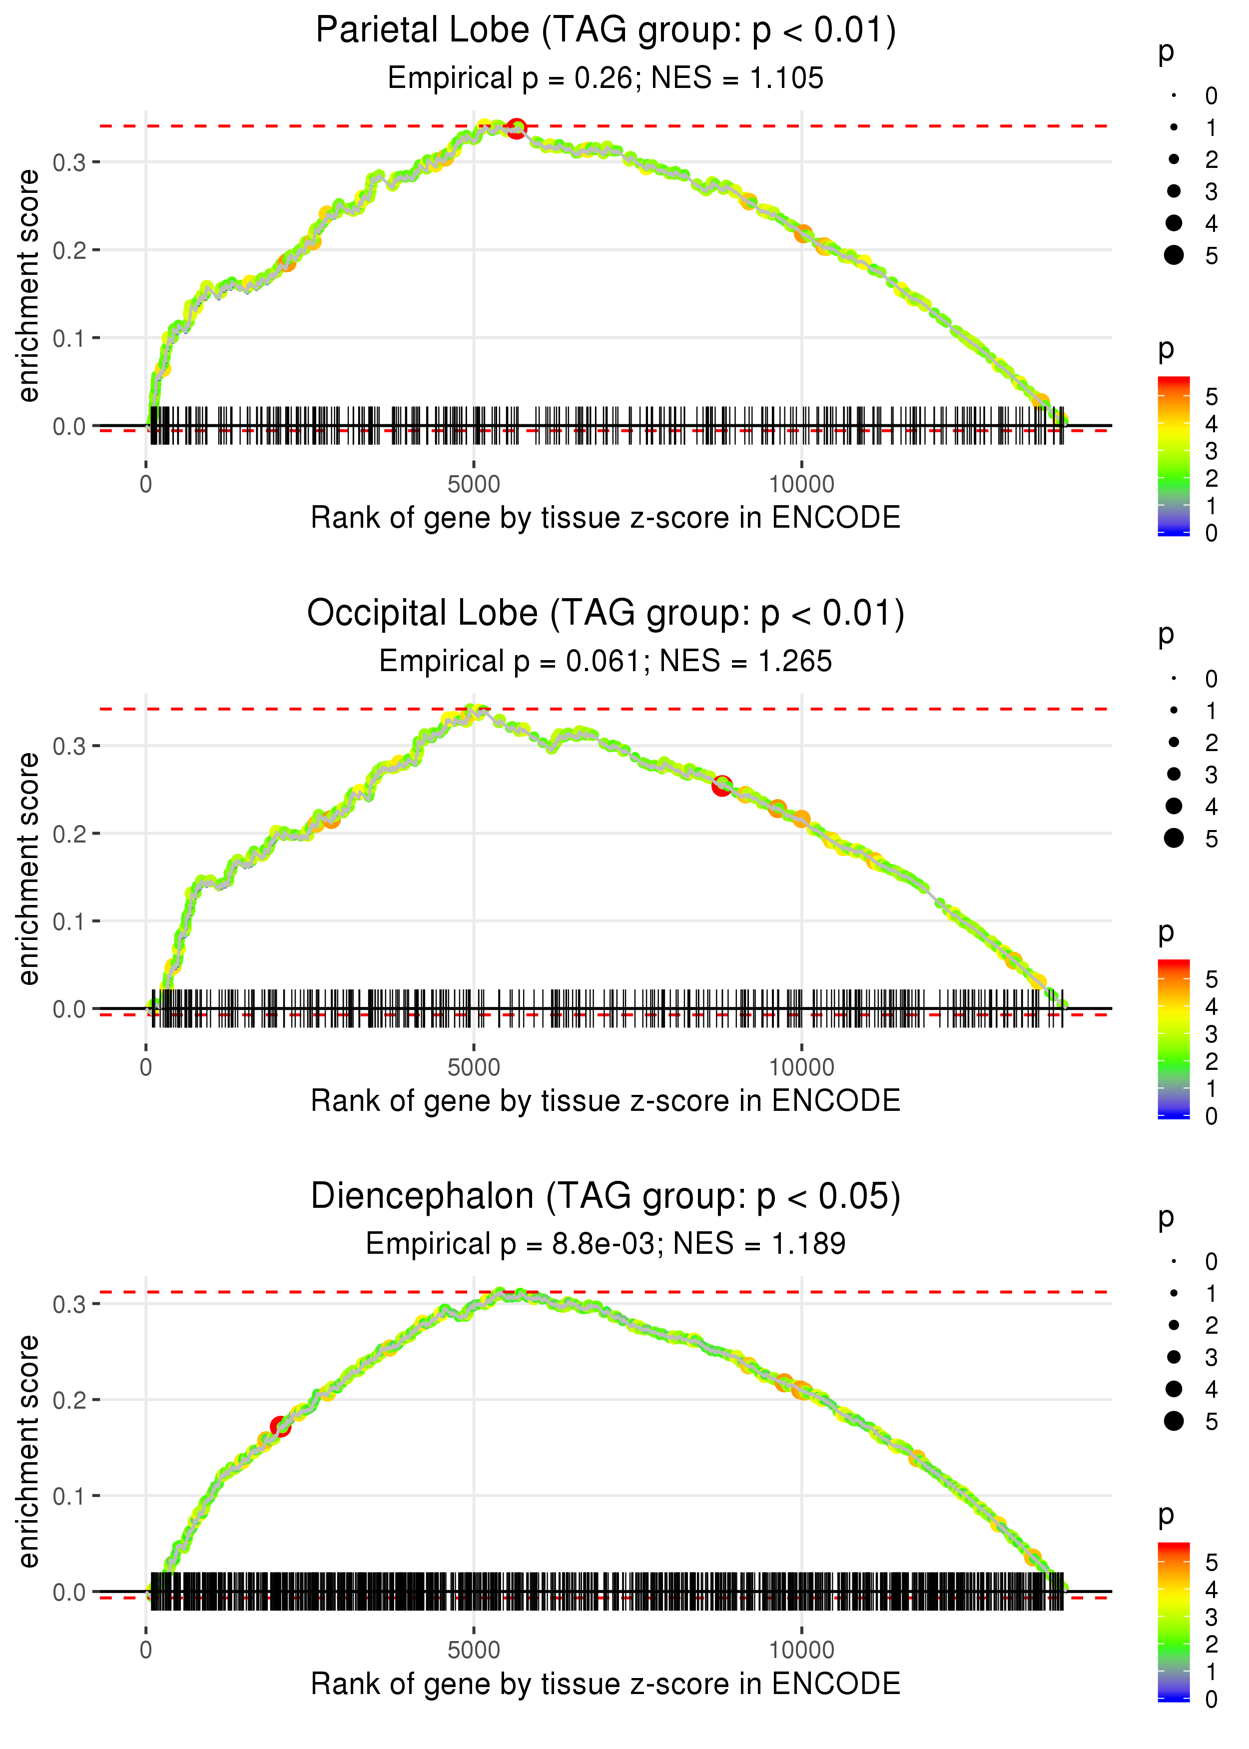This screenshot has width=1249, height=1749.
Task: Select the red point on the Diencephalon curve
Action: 280,1427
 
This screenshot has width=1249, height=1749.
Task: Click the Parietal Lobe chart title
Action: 606,31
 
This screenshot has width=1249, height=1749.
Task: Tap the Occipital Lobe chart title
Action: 606,614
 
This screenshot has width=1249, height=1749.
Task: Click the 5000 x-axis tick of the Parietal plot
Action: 474,485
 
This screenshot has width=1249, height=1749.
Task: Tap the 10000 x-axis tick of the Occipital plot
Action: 801,1067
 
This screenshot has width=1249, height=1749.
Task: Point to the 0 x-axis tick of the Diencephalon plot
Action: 146,1651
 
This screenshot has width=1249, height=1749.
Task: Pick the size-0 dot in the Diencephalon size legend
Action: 1174,1261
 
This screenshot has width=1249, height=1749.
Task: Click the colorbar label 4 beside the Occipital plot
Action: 1212,1007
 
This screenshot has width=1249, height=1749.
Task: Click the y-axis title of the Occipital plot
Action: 28,869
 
